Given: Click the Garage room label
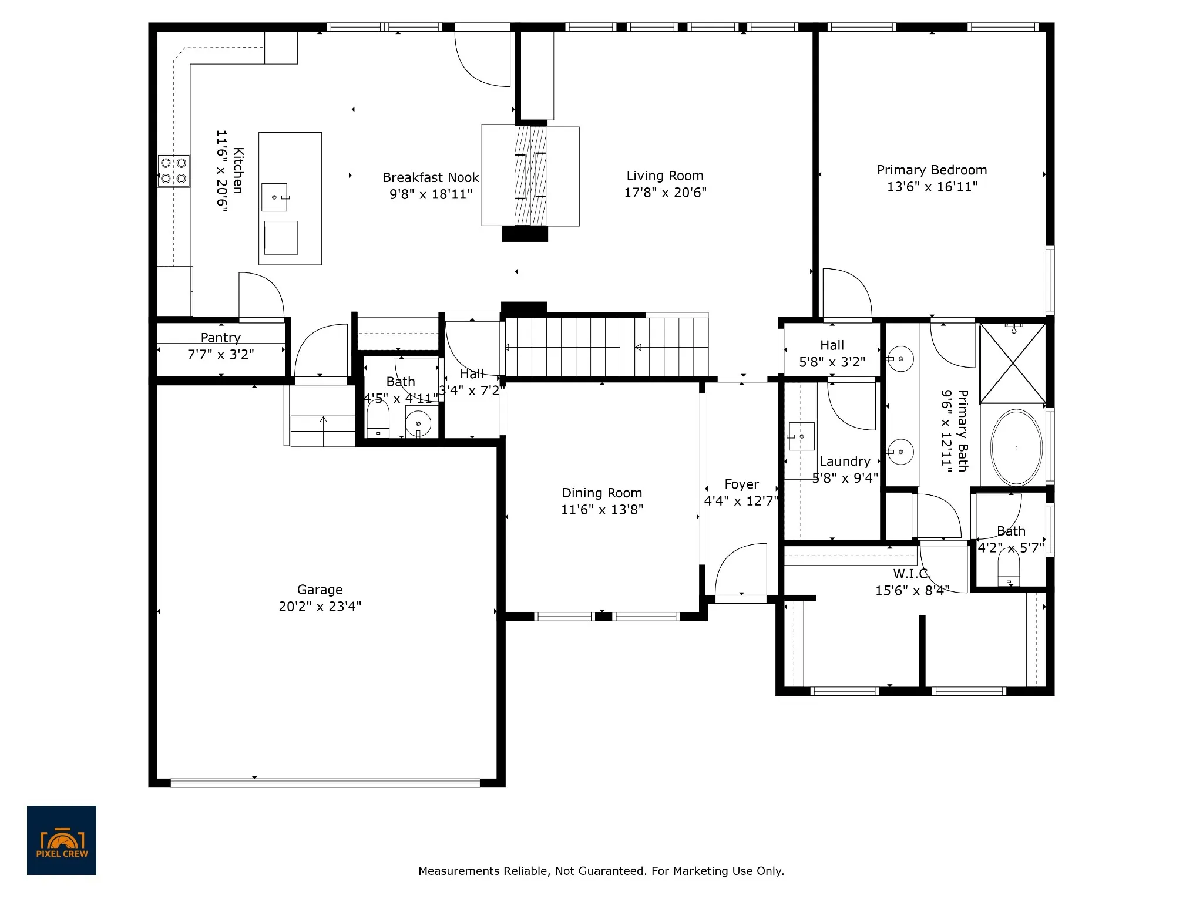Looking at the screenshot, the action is point(320,590).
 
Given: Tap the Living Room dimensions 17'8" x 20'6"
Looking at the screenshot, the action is point(665,193).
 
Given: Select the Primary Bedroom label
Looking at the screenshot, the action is point(932,170).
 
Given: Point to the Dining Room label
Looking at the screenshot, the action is point(602,493).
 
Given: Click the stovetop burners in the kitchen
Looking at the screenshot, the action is point(174,171).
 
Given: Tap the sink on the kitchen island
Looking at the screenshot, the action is point(274,197).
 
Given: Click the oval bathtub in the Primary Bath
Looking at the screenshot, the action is point(1016,447).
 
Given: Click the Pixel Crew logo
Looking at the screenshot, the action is point(62,840).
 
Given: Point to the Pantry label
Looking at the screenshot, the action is point(220,338).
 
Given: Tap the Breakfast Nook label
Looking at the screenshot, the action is point(431,177).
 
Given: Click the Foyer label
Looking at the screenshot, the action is point(741,484).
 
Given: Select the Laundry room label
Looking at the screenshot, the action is point(845,462).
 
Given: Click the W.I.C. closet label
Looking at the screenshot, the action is point(911,574).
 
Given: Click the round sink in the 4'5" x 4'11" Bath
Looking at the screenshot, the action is point(418,423).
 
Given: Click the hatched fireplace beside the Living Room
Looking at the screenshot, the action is point(530,176).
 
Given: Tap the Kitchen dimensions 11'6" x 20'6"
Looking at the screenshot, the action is point(221,171).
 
